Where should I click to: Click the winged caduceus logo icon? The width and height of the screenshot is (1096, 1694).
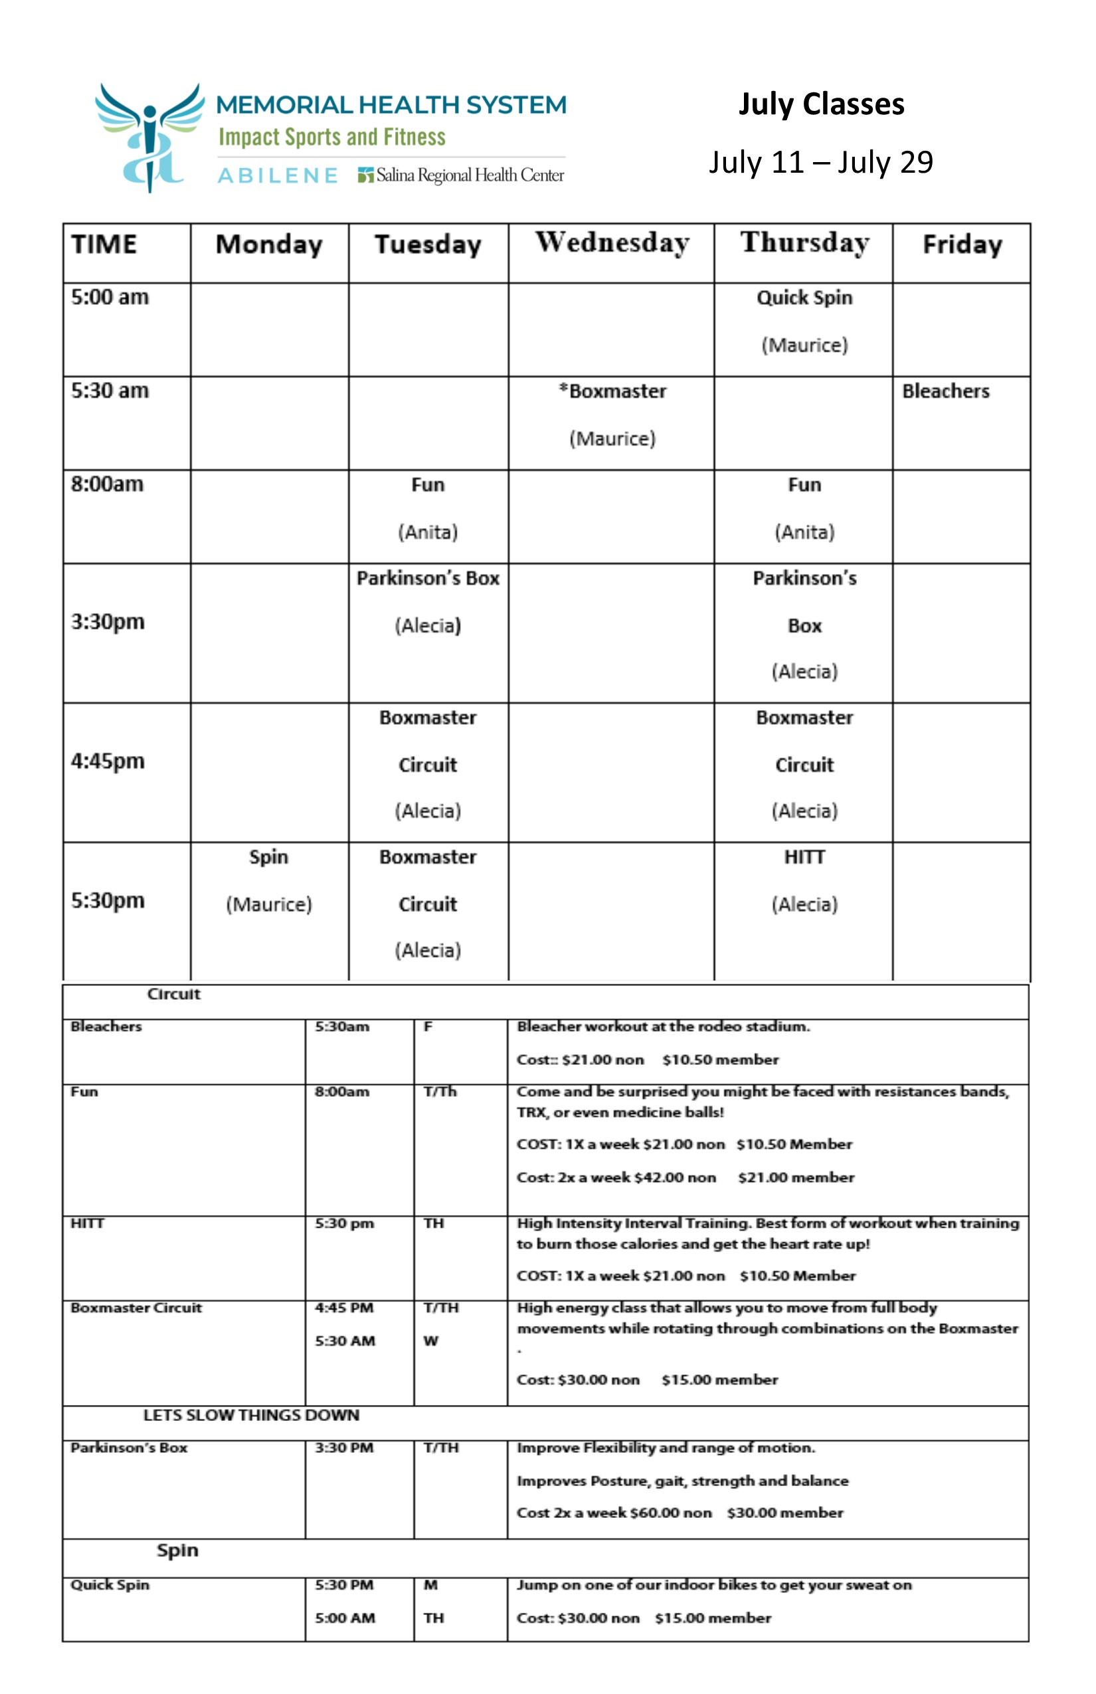click(x=149, y=137)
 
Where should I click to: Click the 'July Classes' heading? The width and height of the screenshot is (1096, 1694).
click(x=821, y=104)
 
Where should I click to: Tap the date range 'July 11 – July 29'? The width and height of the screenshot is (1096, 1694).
click(x=820, y=162)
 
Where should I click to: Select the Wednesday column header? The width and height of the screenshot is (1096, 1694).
click(x=612, y=243)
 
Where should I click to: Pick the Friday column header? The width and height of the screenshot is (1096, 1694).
click(x=962, y=245)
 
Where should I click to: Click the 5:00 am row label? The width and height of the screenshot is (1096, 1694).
click(x=110, y=297)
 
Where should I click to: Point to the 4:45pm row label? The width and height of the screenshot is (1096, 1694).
click(x=108, y=761)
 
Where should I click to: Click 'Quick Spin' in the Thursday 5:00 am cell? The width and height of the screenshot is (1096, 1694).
click(x=804, y=298)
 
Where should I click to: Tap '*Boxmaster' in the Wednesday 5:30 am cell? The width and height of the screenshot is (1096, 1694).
click(x=612, y=391)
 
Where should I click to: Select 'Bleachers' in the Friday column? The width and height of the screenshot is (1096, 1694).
click(x=945, y=391)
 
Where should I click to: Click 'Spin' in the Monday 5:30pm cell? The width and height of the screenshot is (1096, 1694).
click(x=268, y=857)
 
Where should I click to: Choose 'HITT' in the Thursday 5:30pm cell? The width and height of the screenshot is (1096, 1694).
click(x=804, y=857)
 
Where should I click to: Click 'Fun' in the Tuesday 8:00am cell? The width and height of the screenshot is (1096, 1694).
click(x=428, y=485)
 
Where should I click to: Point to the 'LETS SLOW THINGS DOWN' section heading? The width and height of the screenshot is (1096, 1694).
click(x=251, y=1415)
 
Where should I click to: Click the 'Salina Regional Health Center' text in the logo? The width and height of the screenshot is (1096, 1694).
click(x=470, y=175)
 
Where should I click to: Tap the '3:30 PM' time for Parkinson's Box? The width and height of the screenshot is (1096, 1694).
click(x=345, y=1448)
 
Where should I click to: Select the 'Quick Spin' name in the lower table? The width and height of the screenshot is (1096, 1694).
click(x=110, y=1584)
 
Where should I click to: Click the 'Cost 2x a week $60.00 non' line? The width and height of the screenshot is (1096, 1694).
click(x=614, y=1513)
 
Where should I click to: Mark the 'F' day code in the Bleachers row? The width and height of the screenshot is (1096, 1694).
click(x=428, y=1026)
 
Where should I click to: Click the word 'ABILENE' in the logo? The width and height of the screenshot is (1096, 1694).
click(x=278, y=176)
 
